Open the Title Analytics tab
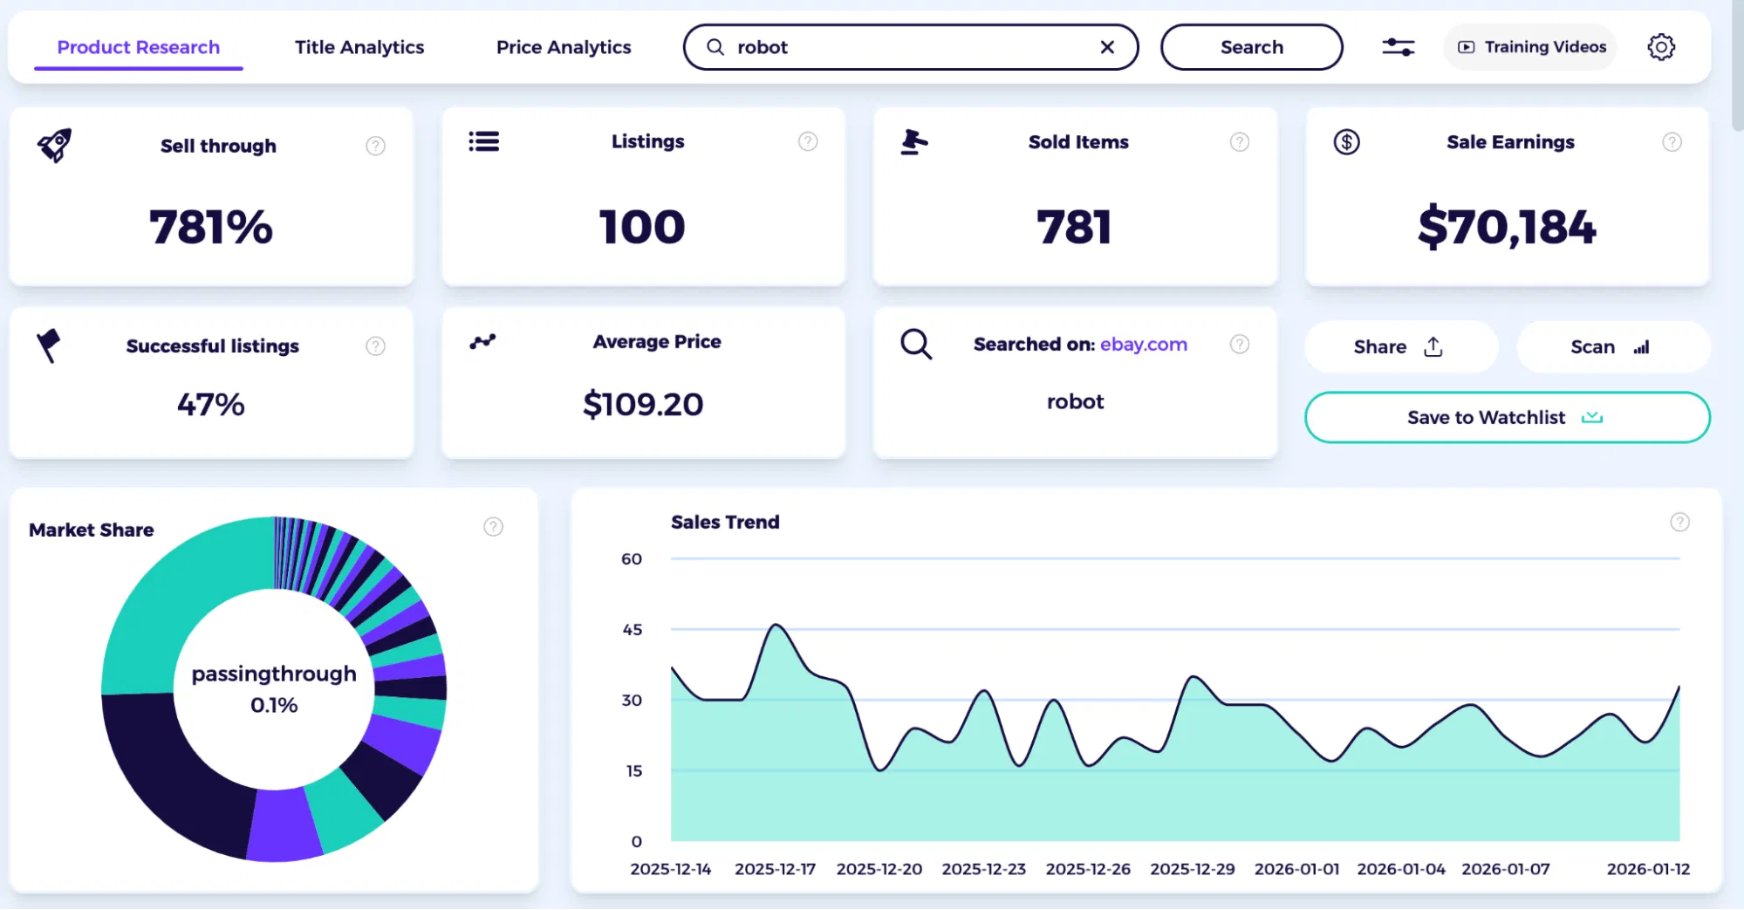[359, 47]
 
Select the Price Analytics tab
[563, 47]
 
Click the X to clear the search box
[1107, 47]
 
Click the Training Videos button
[1532, 47]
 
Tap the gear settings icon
[1660, 47]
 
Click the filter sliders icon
[1398, 47]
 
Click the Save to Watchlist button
[1506, 417]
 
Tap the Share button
[1399, 347]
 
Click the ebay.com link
[1143, 345]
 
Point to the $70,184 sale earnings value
[1506, 227]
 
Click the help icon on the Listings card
[807, 141]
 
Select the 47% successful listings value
[210, 405]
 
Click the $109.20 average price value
[643, 405]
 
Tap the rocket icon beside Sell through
[54, 145]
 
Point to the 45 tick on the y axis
[632, 629]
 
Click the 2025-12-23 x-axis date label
[983, 869]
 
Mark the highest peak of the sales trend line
[776, 625]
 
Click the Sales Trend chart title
[724, 522]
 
